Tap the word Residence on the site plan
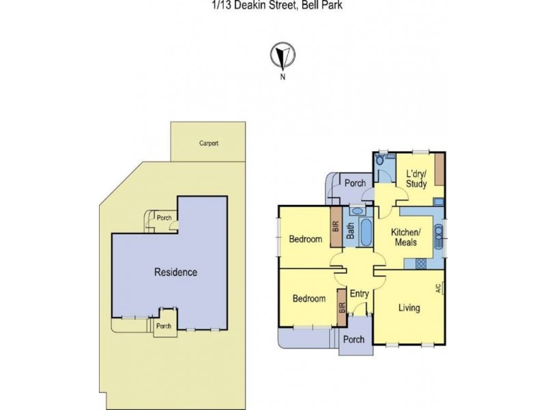click(x=175, y=272)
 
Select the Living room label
click(x=409, y=308)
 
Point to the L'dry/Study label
click(x=416, y=179)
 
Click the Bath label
click(x=350, y=233)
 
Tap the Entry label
click(x=359, y=294)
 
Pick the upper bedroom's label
click(x=305, y=239)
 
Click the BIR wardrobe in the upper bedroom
click(x=336, y=233)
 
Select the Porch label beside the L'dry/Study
click(x=355, y=183)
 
